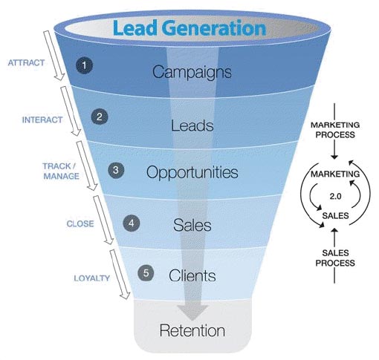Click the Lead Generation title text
pos(189,28)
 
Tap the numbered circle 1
pos(85,65)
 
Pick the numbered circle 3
pos(115,170)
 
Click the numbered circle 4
pos(131,222)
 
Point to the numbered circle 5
pos(146,273)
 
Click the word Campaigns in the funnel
pos(192,72)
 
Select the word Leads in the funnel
pos(192,125)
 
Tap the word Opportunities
pos(192,173)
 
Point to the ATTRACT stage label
pos(25,62)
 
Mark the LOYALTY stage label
pos(91,278)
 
